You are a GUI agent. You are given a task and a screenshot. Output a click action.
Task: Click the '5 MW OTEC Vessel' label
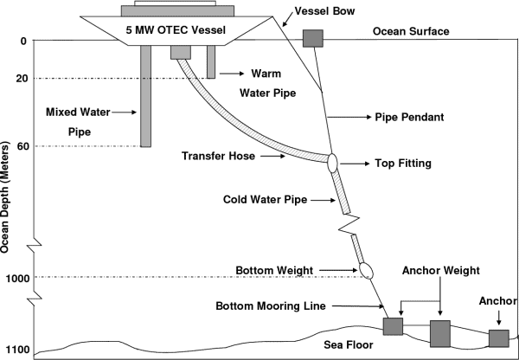point(176,30)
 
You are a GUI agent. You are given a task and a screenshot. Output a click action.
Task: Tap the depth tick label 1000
point(17,278)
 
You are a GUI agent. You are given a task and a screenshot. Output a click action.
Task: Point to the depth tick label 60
point(22,146)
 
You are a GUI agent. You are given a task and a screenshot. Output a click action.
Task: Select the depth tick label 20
point(22,79)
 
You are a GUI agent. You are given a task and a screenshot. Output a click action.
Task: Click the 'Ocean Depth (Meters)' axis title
point(5,197)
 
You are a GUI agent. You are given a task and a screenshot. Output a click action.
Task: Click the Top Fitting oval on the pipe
point(332,163)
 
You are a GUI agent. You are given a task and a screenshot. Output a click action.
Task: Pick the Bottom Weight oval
point(367,271)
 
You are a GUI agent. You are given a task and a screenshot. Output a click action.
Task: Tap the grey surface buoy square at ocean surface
point(313,38)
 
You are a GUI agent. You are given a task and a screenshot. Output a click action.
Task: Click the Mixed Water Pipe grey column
point(145,96)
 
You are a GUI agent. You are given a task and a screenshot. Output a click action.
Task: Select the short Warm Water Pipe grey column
point(211,62)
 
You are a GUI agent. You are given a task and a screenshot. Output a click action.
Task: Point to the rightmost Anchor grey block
point(499,338)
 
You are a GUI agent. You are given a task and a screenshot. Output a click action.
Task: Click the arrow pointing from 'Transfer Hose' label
point(272,156)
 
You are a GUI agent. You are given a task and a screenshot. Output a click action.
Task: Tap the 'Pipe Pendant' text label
point(409,117)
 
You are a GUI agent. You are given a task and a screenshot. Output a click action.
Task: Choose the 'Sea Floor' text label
point(349,344)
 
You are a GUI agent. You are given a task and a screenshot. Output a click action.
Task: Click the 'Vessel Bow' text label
point(324,11)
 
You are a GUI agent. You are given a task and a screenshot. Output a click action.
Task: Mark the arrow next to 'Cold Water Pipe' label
point(323,200)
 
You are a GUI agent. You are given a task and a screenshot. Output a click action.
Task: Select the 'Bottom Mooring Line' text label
point(271,305)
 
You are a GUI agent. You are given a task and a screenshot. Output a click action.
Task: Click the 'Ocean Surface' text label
point(411,31)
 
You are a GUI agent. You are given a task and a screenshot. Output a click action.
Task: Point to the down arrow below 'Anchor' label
point(499,318)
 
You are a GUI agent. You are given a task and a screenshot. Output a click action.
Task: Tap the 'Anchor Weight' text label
point(441,271)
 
